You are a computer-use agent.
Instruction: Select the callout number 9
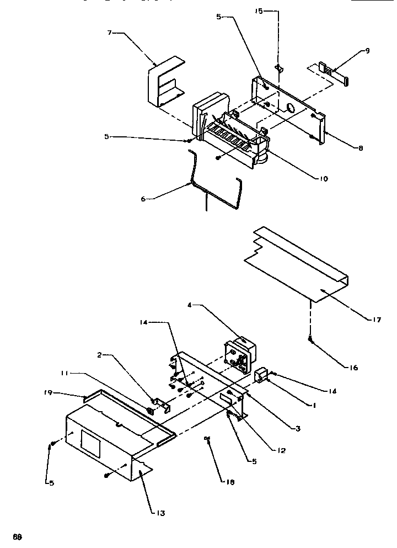click(367, 51)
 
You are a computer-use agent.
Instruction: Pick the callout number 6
click(143, 199)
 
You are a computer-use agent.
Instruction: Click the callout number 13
click(161, 513)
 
